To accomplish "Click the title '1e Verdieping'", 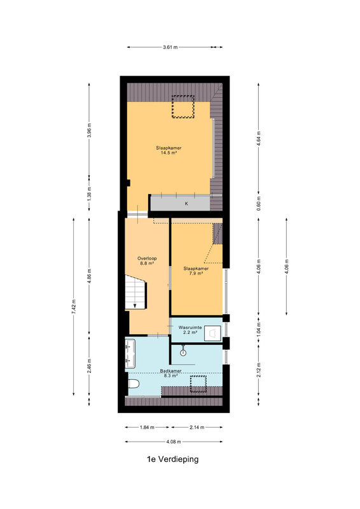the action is [x=173, y=459].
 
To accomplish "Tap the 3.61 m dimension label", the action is [x=170, y=47].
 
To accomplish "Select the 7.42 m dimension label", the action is [x=74, y=307].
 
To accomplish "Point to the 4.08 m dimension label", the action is [x=174, y=442].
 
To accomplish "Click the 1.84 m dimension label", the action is [x=147, y=428].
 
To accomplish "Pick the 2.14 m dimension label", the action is [x=197, y=428].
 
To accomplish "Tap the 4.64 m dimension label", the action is [x=259, y=139].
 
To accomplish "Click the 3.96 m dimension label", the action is [x=89, y=130].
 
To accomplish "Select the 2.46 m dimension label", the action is [x=89, y=366].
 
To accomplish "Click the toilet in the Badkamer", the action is [x=134, y=384].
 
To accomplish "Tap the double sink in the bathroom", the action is [x=130, y=354].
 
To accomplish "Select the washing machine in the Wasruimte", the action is [x=212, y=333].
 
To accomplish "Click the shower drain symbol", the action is [x=183, y=352].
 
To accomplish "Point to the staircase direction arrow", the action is [x=135, y=306].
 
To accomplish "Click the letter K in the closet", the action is [x=186, y=204].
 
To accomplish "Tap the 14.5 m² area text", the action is [x=169, y=153].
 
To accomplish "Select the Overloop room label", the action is [x=147, y=258].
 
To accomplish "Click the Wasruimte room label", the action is [x=190, y=328].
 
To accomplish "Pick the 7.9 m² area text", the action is [x=196, y=274].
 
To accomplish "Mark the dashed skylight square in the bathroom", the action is [x=198, y=384].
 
